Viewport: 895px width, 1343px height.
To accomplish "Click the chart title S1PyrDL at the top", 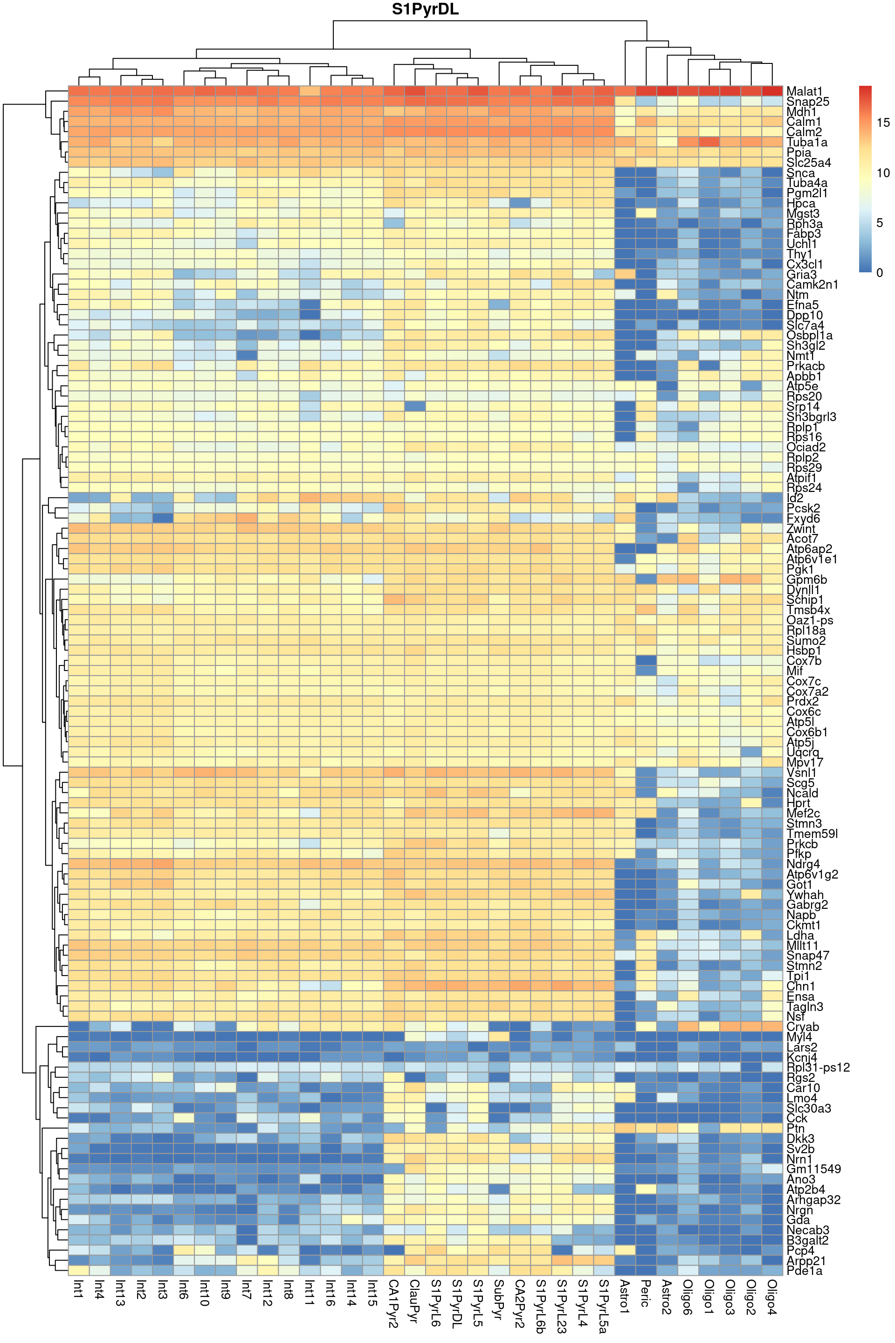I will coord(425,10).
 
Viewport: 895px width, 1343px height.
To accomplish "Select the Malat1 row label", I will coord(804,91).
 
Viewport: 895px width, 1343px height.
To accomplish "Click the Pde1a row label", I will coord(804,1270).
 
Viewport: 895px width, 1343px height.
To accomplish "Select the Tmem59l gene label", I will coord(812,834).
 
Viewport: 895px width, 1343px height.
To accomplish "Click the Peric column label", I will coord(646,1293).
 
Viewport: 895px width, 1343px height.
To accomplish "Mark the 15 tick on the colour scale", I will coord(883,122).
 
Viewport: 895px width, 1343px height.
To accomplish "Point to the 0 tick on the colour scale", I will coord(880,273).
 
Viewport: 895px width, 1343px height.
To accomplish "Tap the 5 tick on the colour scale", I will coord(880,223).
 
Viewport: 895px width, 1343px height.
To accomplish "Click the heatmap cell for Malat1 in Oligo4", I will coord(772,91).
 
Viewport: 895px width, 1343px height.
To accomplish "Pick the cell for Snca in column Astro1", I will coord(625,173).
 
